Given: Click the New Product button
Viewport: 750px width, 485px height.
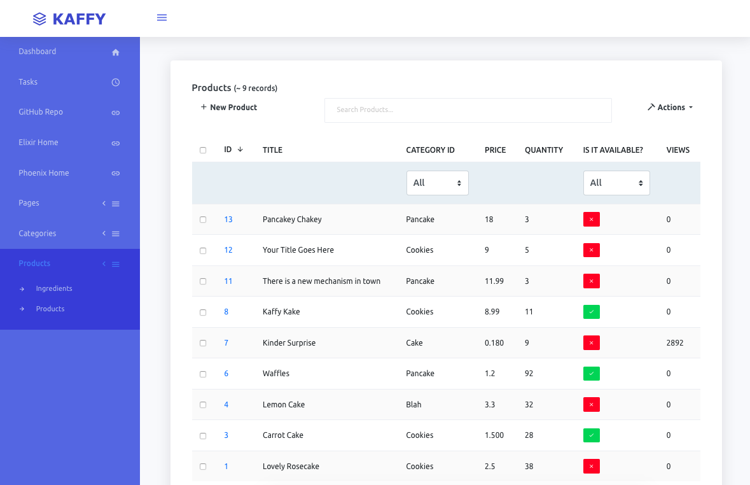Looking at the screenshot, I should point(229,108).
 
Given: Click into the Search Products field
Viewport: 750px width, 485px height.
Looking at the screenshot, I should point(468,110).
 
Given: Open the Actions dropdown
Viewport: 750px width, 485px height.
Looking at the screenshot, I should point(670,108).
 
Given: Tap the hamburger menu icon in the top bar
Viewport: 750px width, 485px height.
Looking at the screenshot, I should point(162,18).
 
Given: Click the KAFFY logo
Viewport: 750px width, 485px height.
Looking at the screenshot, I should point(69,19).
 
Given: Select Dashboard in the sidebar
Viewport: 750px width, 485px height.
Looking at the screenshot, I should point(38,52).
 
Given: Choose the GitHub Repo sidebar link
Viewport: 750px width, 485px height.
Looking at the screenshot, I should point(41,112).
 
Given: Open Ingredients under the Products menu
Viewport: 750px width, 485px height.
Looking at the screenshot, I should point(54,289).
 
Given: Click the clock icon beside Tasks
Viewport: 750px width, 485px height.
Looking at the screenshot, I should point(116,82).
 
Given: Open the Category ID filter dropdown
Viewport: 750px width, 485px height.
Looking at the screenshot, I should point(437,183).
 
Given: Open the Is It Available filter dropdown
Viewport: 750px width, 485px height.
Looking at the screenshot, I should point(616,183).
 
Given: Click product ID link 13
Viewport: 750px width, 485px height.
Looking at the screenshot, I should point(228,220).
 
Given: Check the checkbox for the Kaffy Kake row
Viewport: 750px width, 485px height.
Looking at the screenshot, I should point(203,313).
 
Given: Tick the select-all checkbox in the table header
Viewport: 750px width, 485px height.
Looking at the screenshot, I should point(203,150).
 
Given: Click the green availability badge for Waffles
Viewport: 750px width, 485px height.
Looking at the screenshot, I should point(591,374).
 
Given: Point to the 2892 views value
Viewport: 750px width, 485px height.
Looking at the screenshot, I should point(674,343).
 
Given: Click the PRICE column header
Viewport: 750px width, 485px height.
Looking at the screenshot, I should point(495,150).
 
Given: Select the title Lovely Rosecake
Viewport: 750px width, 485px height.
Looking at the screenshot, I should point(291,467).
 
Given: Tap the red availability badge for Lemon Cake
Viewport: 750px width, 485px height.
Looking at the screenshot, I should point(591,405).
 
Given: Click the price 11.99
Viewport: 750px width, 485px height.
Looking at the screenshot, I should point(494,281).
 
